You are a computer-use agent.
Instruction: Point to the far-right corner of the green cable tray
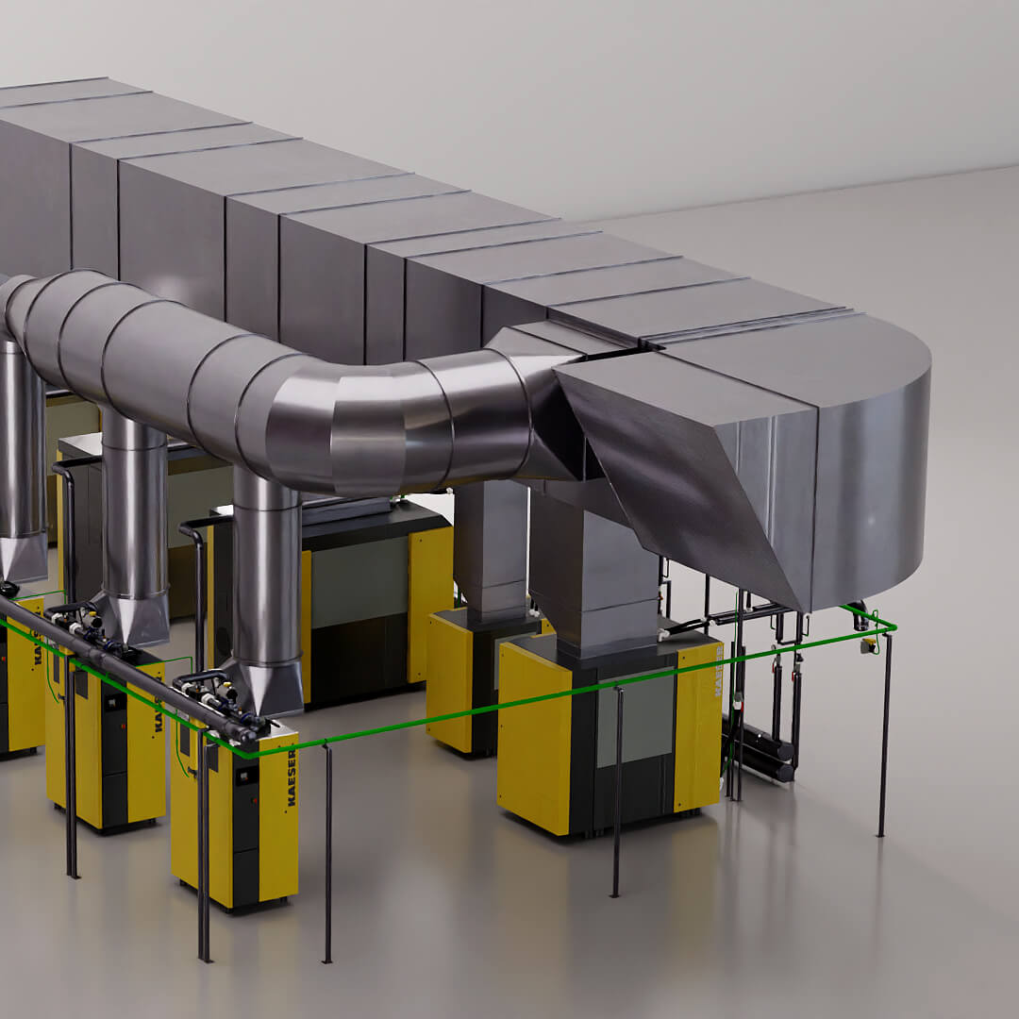pyautogui.click(x=892, y=626)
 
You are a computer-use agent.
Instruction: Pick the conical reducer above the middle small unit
pyautogui.click(x=135, y=618)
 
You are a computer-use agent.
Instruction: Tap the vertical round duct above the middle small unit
pyautogui.click(x=133, y=509)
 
